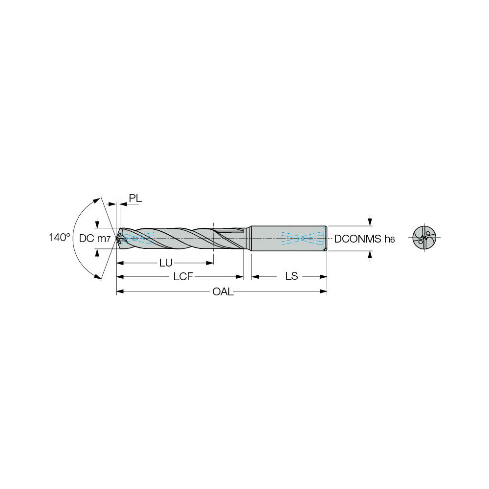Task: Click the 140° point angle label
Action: (x=59, y=238)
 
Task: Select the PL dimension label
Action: (x=135, y=198)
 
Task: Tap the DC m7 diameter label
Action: (x=94, y=238)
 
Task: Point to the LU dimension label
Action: (x=166, y=263)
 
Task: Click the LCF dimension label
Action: (x=181, y=277)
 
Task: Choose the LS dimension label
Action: (x=291, y=277)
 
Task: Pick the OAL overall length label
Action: (x=222, y=292)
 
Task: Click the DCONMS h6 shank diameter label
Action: (x=364, y=239)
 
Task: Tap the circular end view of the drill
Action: (x=423, y=238)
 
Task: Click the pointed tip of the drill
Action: (x=117, y=238)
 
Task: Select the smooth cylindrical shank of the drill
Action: (x=289, y=238)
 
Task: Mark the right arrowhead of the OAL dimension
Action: (x=323, y=292)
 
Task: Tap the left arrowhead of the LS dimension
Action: (x=255, y=277)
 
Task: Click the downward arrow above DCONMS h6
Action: (x=370, y=222)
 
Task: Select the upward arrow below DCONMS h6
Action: (x=370, y=255)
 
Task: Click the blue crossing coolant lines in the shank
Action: (x=303, y=238)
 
